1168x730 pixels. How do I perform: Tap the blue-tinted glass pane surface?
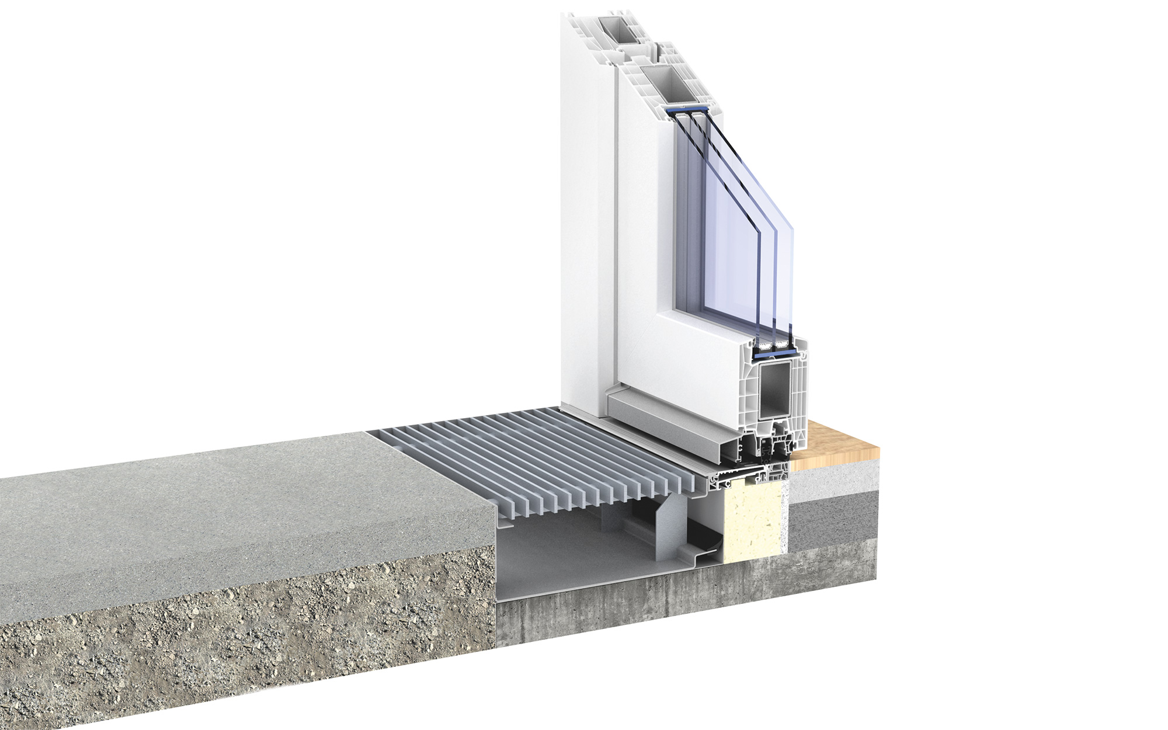pos(730,234)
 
